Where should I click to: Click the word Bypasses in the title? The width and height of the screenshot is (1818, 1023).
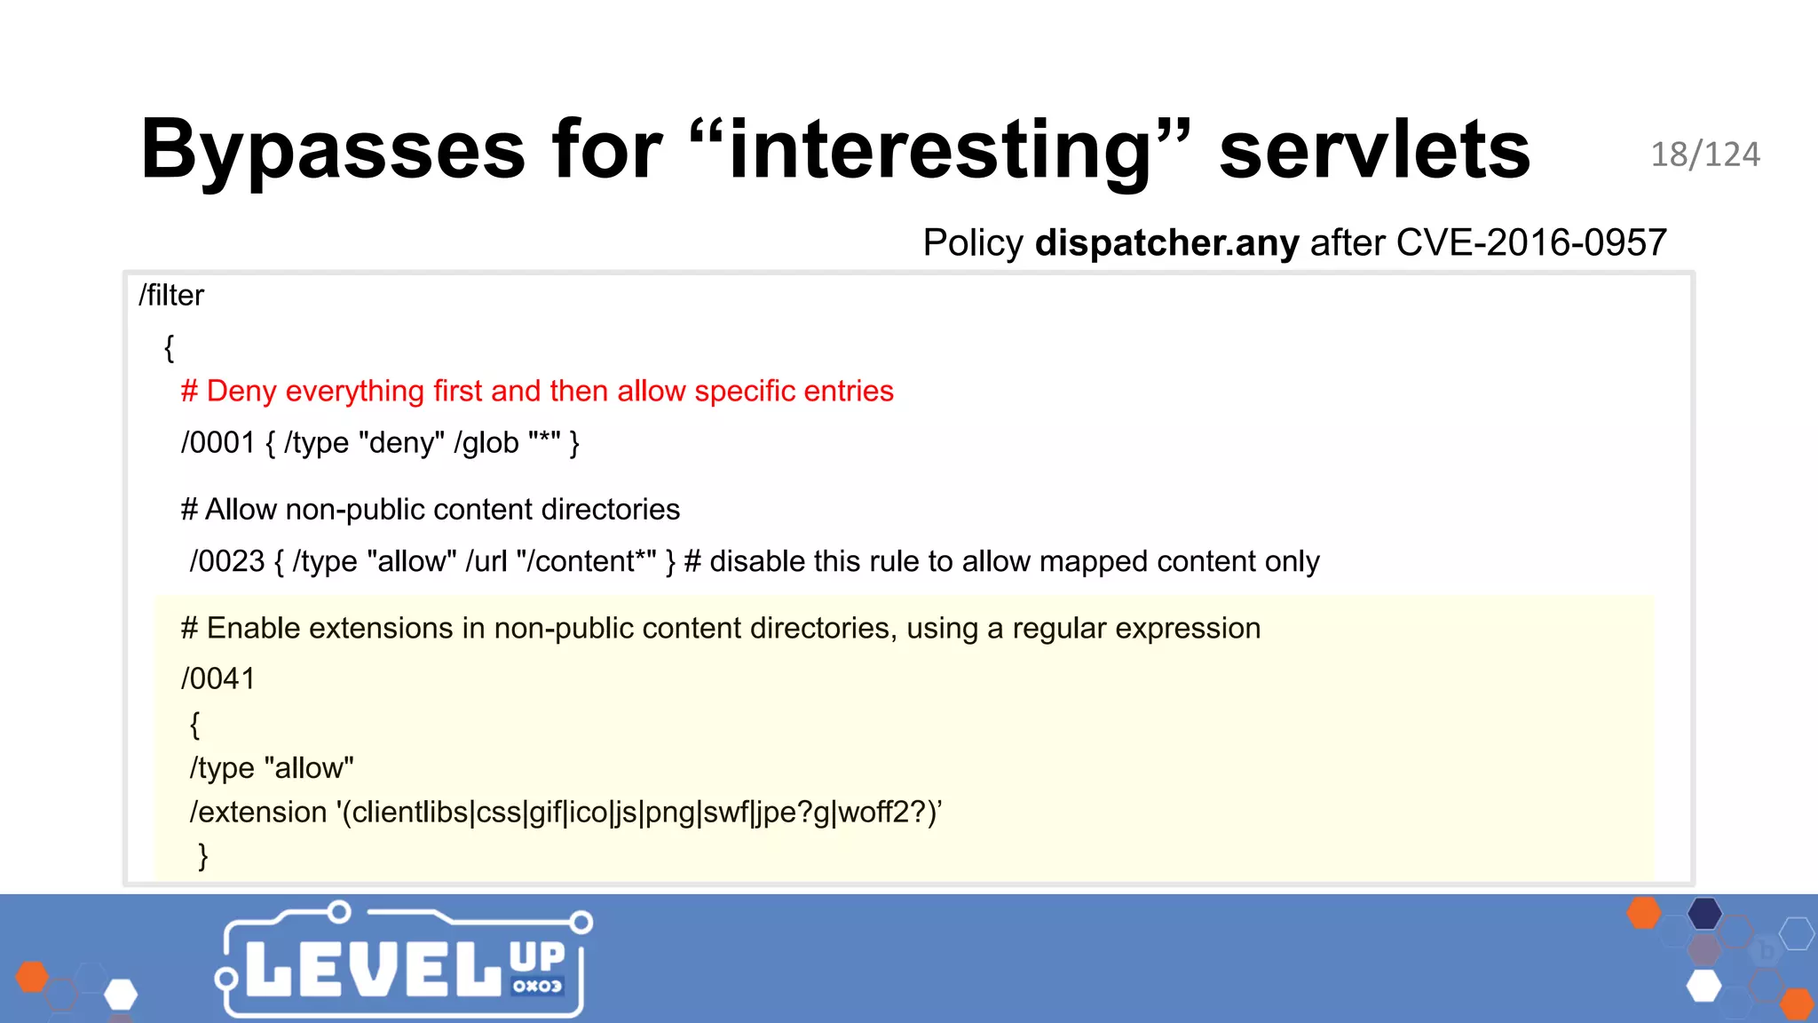coord(333,149)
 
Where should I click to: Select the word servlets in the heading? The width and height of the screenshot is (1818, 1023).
coord(1374,149)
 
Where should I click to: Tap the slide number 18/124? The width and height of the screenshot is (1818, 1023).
coord(1704,155)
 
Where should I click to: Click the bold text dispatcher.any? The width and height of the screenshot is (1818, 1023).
coord(1166,242)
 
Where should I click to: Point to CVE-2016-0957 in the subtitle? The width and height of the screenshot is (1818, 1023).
coord(1531,242)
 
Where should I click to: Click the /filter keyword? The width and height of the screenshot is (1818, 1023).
coord(171,295)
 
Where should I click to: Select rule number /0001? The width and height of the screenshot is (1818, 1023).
coord(218,442)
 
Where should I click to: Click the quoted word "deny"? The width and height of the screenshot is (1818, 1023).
coord(401,442)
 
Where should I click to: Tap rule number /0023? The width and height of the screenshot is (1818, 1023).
coord(227,561)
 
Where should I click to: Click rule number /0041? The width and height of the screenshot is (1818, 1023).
coord(218,678)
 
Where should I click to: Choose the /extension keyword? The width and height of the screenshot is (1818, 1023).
coord(258,812)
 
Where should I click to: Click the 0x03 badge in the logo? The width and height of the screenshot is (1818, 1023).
coord(537,986)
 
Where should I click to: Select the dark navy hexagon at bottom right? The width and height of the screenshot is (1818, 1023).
coord(1704,914)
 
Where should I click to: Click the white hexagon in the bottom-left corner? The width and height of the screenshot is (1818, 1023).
coord(121,995)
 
